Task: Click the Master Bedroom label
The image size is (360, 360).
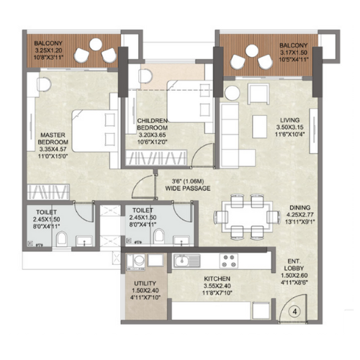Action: pos(54,138)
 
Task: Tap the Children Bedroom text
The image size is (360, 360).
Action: pos(152,125)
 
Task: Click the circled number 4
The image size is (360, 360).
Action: pos(294,312)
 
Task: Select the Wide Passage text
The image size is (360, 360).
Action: pos(191,189)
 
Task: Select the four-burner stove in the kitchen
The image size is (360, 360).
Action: pos(233,260)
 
